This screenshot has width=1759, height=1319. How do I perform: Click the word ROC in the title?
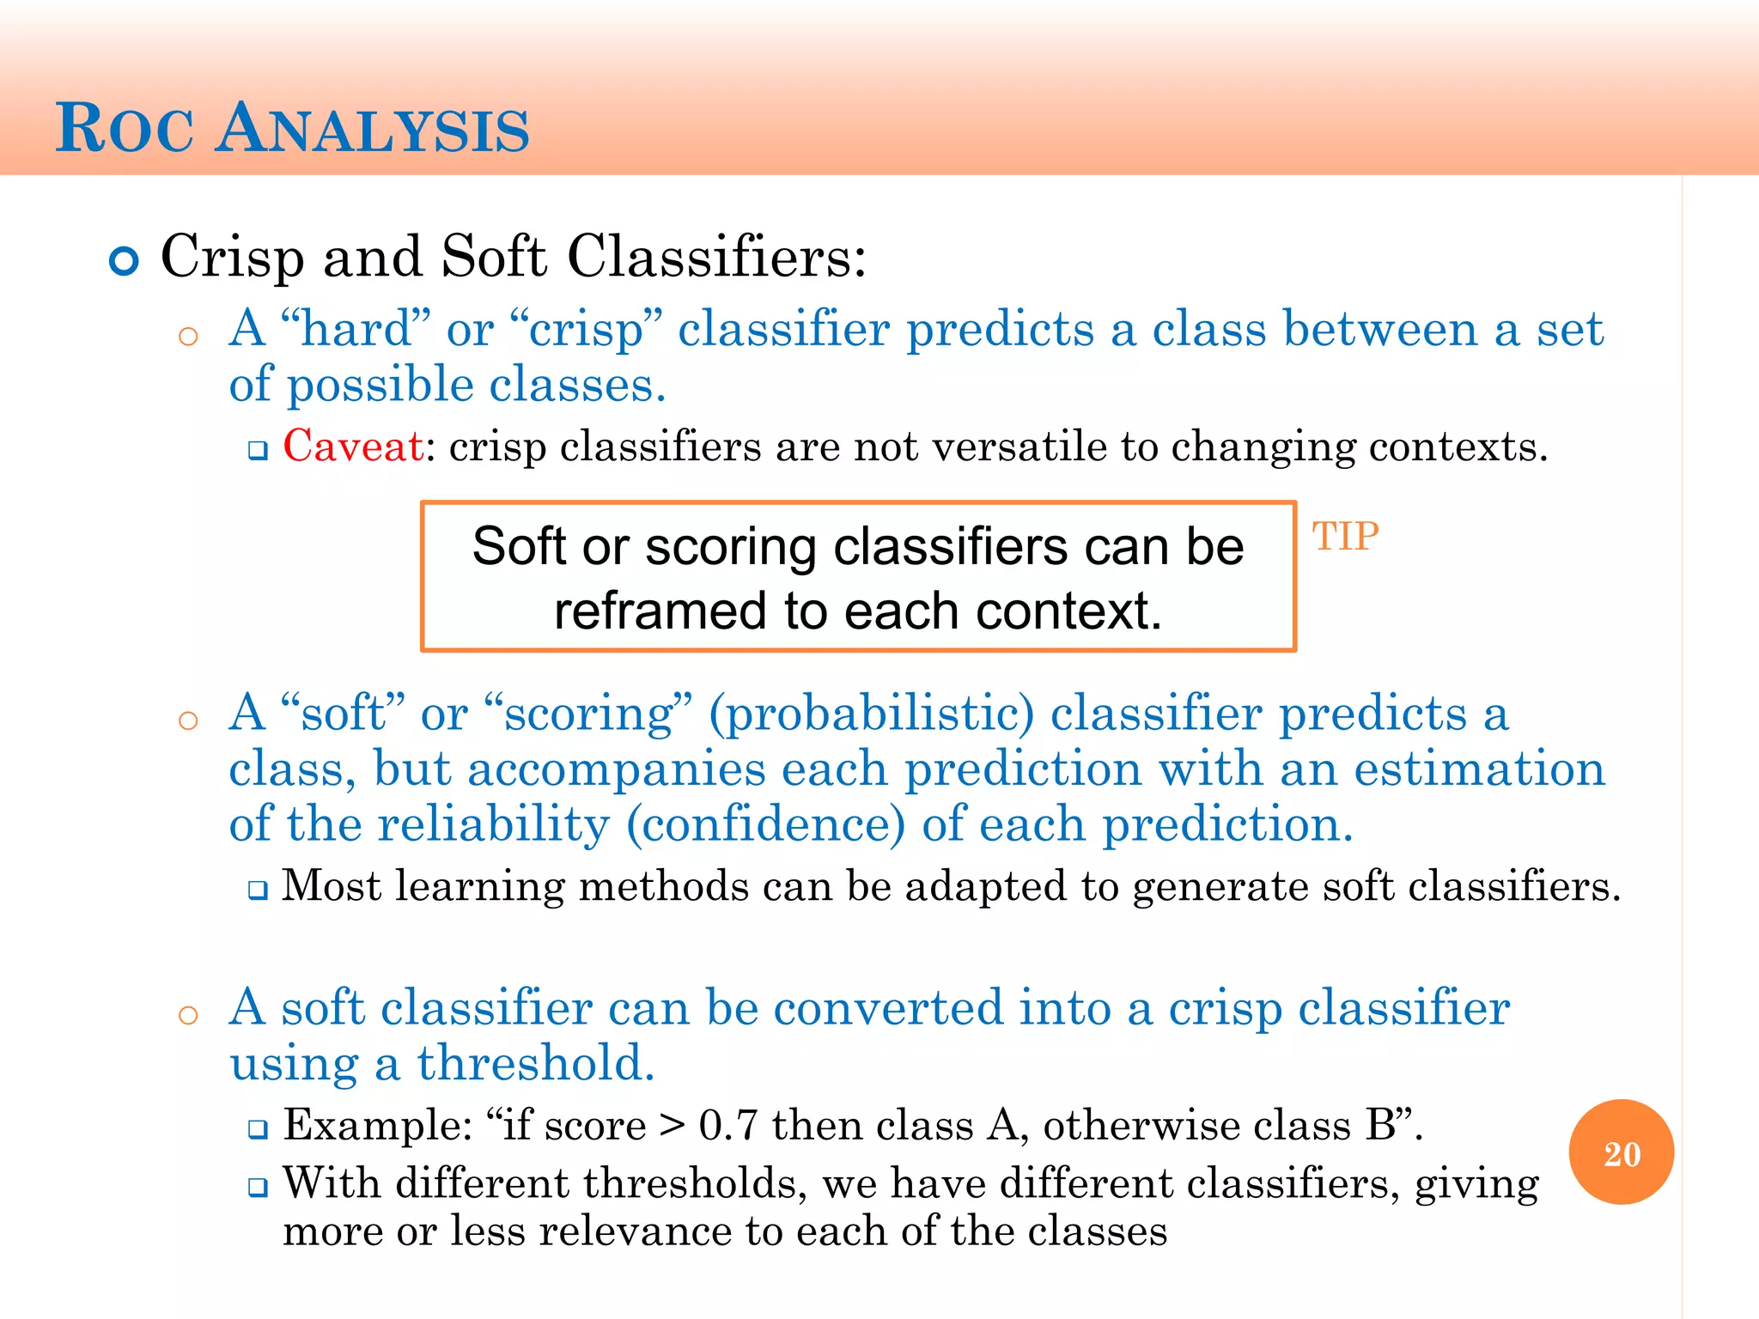(125, 130)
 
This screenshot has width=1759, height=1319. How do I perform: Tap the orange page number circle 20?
(1621, 1152)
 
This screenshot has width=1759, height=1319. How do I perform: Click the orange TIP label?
(1344, 537)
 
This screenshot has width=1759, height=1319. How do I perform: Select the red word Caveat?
(353, 447)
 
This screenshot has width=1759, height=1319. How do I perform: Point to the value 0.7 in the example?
(727, 1125)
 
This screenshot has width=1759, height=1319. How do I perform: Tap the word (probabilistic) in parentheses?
(871, 714)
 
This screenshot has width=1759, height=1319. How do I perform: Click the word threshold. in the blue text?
(536, 1063)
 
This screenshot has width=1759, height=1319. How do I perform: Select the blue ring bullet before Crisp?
(125, 261)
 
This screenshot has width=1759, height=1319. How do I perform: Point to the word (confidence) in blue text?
(765, 824)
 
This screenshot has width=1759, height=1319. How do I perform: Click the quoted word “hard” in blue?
(356, 329)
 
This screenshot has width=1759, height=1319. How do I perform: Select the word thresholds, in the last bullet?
(695, 1183)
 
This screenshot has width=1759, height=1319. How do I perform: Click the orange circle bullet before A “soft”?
(188, 720)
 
